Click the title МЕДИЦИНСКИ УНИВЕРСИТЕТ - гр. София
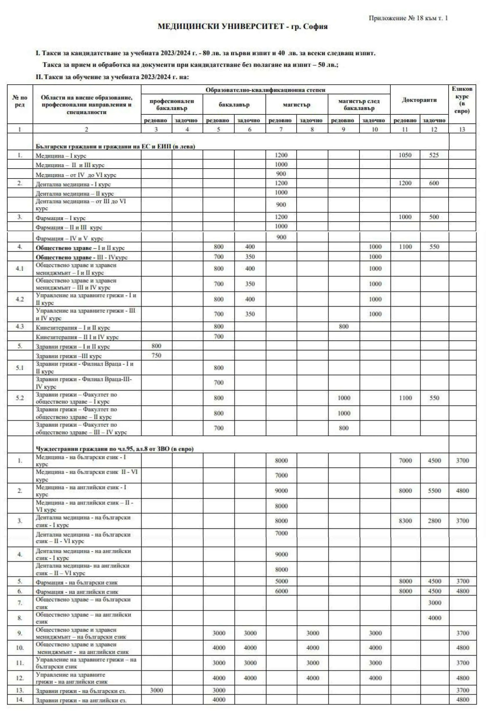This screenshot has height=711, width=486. (242, 27)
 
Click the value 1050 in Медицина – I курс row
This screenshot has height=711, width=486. (405, 155)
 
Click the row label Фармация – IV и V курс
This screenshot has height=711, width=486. (69, 239)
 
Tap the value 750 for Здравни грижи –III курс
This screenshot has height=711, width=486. (156, 355)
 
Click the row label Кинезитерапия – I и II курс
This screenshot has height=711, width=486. (73, 328)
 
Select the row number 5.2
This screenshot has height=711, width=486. (20, 398)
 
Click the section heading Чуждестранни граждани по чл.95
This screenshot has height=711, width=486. (115, 449)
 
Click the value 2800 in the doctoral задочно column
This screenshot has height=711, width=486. (434, 521)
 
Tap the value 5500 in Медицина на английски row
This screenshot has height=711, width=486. (434, 491)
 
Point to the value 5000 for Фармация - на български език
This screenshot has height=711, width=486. (281, 581)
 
